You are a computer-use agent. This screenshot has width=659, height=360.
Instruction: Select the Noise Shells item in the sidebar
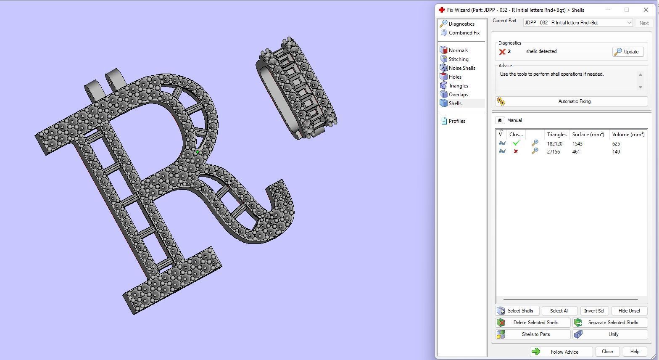(x=461, y=68)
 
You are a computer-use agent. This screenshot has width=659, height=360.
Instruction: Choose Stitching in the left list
(x=458, y=59)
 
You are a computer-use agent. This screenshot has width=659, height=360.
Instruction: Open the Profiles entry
(x=456, y=121)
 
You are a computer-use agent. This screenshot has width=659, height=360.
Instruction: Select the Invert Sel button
(x=594, y=311)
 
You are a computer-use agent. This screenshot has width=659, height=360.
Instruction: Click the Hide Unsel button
(x=629, y=311)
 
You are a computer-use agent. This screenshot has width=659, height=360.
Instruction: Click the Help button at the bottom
(x=635, y=352)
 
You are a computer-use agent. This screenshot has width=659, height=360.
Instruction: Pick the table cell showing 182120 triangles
(x=555, y=144)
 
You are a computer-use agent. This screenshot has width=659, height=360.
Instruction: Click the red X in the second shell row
(x=516, y=152)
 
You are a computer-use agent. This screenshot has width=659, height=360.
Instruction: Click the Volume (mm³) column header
(x=628, y=135)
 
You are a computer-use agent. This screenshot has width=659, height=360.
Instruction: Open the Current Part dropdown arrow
(x=629, y=23)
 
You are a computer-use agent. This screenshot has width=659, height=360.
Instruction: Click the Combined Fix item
(x=464, y=33)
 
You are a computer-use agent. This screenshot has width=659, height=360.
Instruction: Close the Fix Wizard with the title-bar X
(x=646, y=10)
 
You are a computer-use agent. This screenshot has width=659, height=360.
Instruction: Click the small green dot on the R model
(x=197, y=152)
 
